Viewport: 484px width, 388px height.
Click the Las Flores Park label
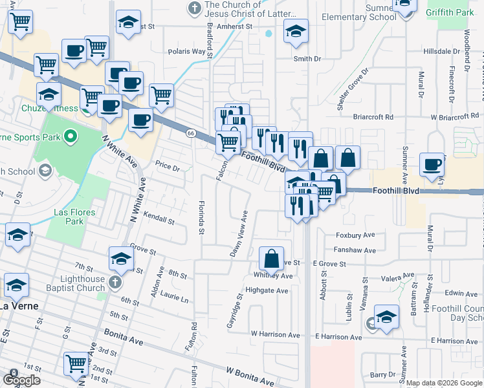point(75,217)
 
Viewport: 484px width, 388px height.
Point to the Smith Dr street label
point(307,59)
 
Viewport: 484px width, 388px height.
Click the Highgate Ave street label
point(267,290)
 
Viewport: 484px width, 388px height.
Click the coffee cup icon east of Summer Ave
point(432,164)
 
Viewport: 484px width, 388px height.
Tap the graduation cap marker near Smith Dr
point(296,32)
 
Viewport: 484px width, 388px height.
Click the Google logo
point(21,380)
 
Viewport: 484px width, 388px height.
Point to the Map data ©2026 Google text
point(444,383)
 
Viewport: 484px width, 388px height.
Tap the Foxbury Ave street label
point(355,235)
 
